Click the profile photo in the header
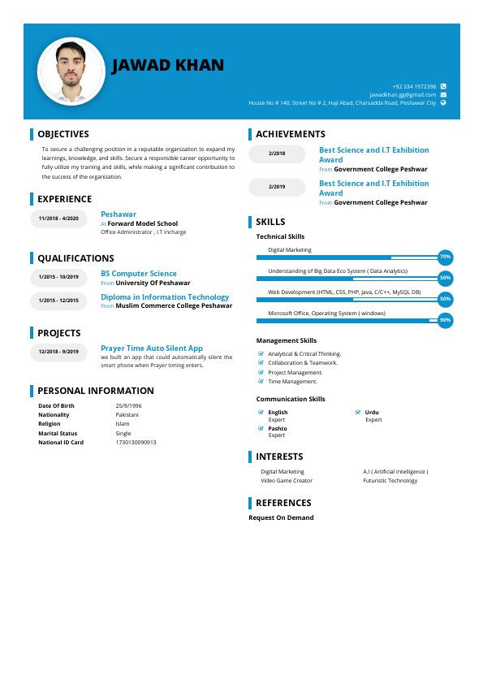pyautogui.click(x=71, y=71)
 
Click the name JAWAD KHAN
pyautogui.click(x=168, y=66)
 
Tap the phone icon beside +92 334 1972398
pyautogui.click(x=443, y=86)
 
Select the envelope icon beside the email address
pyautogui.click(x=443, y=95)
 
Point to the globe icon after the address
pyautogui.click(x=443, y=103)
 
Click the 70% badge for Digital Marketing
pyautogui.click(x=445, y=258)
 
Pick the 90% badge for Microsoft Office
pyautogui.click(x=445, y=321)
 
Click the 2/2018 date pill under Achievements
pyautogui.click(x=277, y=154)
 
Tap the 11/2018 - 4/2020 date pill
pyautogui.click(x=58, y=219)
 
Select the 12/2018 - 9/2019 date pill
pyautogui.click(x=58, y=352)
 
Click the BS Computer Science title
pyautogui.click(x=139, y=274)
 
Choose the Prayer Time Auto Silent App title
pyautogui.click(x=152, y=348)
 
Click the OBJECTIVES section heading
pyautogui.click(x=63, y=134)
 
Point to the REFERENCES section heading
pyautogui.click(x=283, y=503)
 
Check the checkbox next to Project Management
pyautogui.click(x=261, y=372)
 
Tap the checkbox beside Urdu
pyautogui.click(x=358, y=413)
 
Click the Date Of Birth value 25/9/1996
pyautogui.click(x=128, y=405)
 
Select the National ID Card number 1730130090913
pyautogui.click(x=136, y=443)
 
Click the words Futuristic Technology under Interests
pyautogui.click(x=390, y=481)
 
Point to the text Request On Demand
pyautogui.click(x=281, y=517)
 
